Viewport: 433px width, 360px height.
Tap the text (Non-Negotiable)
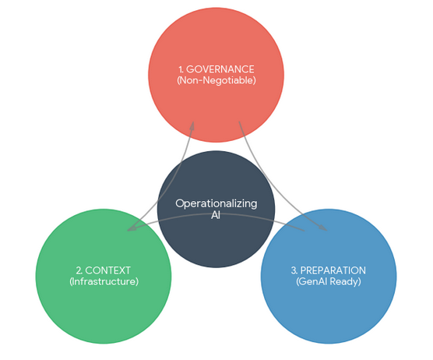[216, 81]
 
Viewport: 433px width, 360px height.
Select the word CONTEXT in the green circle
[108, 270]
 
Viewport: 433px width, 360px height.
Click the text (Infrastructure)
[104, 281]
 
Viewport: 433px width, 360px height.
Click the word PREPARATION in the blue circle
[333, 270]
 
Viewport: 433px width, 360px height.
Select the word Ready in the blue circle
[347, 281]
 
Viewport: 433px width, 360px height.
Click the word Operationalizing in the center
[216, 203]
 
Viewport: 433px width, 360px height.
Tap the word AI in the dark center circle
[216, 215]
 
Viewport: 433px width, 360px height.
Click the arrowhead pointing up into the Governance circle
[192, 124]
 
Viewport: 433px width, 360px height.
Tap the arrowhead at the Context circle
[130, 229]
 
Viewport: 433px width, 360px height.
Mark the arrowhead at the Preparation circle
[324, 229]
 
